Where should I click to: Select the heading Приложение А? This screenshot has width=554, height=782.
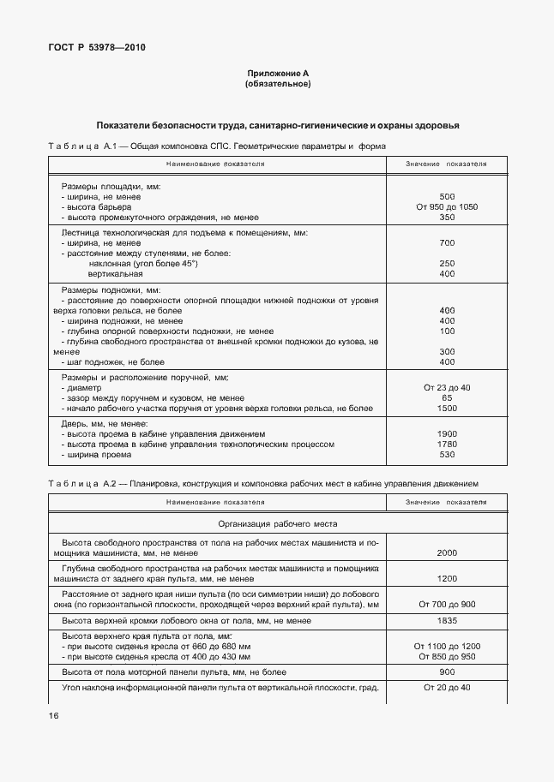pyautogui.click(x=277, y=75)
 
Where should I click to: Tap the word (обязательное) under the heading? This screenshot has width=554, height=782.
pyautogui.click(x=277, y=85)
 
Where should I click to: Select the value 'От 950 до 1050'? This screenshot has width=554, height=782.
pyautogui.click(x=446, y=207)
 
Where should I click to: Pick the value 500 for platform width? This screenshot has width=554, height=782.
pyautogui.click(x=446, y=197)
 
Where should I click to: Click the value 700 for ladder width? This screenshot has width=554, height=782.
pyautogui.click(x=446, y=243)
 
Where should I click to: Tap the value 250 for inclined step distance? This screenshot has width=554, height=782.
pyautogui.click(x=446, y=263)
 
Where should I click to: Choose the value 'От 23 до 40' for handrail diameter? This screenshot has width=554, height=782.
pyautogui.click(x=446, y=388)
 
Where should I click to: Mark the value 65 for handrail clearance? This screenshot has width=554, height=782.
pyautogui.click(x=446, y=398)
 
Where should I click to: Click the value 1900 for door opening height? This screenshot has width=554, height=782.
pyautogui.click(x=446, y=434)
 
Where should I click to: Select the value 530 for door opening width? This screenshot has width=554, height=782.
pyautogui.click(x=446, y=455)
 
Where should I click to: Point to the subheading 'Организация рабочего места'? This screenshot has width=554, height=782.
pyautogui.click(x=277, y=523)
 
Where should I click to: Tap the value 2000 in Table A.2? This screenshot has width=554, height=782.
pyautogui.click(x=446, y=553)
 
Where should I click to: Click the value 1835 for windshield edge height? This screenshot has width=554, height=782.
pyautogui.click(x=446, y=620)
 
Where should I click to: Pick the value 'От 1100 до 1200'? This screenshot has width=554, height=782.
pyautogui.click(x=446, y=646)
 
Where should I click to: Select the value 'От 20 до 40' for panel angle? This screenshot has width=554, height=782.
pyautogui.click(x=446, y=688)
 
